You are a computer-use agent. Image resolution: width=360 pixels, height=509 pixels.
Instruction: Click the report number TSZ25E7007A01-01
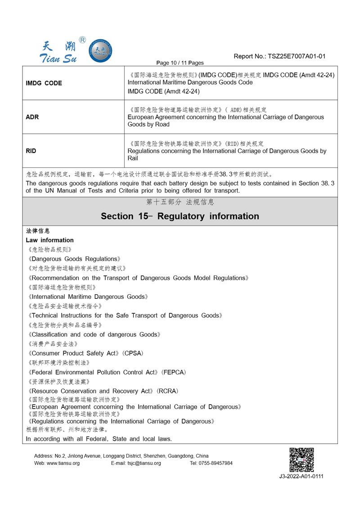pyautogui.click(x=297, y=56)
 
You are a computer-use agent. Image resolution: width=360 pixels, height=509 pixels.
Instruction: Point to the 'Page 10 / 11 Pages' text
pyautogui.click(x=180, y=63)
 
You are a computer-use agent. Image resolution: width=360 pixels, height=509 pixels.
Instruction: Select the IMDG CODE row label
pyautogui.click(x=44, y=83)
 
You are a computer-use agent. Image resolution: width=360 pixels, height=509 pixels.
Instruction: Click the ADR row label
pyautogui.click(x=32, y=117)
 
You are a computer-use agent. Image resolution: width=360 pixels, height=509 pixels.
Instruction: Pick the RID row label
pyautogui.click(x=31, y=151)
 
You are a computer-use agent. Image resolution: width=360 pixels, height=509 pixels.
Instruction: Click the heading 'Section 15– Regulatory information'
pyautogui.click(x=180, y=216)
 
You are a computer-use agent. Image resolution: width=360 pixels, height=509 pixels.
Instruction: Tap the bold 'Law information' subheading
pyautogui.click(x=49, y=240)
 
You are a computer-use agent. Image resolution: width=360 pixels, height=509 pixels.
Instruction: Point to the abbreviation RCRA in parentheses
pyautogui.click(x=167, y=391)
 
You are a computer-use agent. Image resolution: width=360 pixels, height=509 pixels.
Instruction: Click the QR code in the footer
pyautogui.click(x=301, y=459)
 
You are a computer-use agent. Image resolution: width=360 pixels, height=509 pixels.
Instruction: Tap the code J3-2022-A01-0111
pyautogui.click(x=301, y=476)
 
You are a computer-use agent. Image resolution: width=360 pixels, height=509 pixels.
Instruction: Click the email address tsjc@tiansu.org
pyautogui.click(x=144, y=463)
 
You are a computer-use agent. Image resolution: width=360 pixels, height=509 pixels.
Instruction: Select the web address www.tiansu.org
pyautogui.click(x=63, y=463)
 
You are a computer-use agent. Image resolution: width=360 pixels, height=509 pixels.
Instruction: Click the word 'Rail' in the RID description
pyautogui.click(x=133, y=158)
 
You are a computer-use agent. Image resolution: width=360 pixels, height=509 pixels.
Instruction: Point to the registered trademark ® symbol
pyautogui.click(x=82, y=40)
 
